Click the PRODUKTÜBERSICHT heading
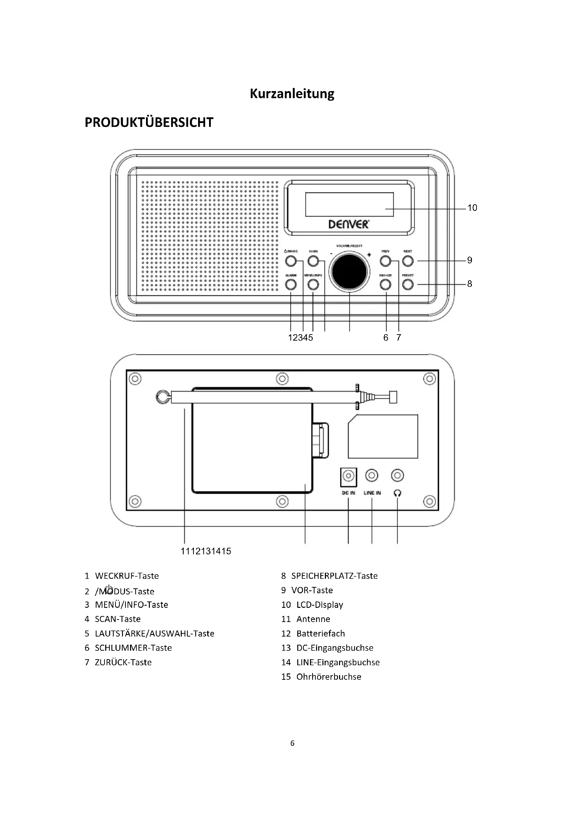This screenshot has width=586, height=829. (149, 122)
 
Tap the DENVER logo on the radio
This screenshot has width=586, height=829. (349, 224)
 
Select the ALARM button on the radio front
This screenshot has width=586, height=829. (291, 285)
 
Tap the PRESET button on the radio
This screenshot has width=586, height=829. (408, 285)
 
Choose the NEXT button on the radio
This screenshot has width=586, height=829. (408, 261)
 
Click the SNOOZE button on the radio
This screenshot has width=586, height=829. (385, 285)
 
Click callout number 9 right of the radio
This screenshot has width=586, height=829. (469, 261)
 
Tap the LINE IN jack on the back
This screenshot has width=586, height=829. (372, 476)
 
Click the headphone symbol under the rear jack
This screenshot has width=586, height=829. (397, 493)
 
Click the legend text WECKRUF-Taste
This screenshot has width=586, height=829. (126, 576)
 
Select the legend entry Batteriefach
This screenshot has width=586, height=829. (320, 634)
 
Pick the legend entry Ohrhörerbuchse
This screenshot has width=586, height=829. (328, 677)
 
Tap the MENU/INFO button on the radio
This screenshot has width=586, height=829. (313, 285)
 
